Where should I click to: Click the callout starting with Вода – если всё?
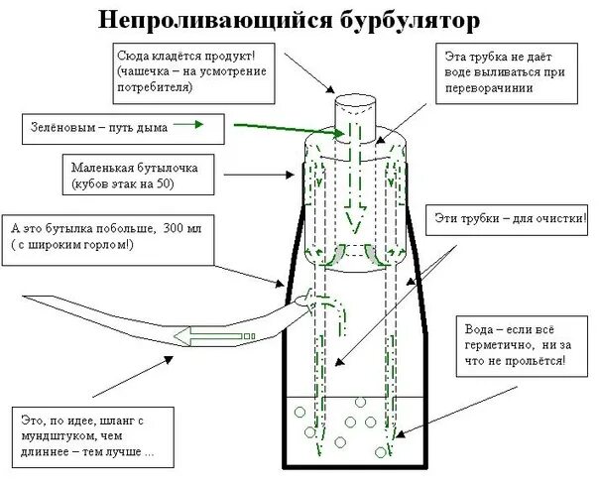(517, 344)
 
